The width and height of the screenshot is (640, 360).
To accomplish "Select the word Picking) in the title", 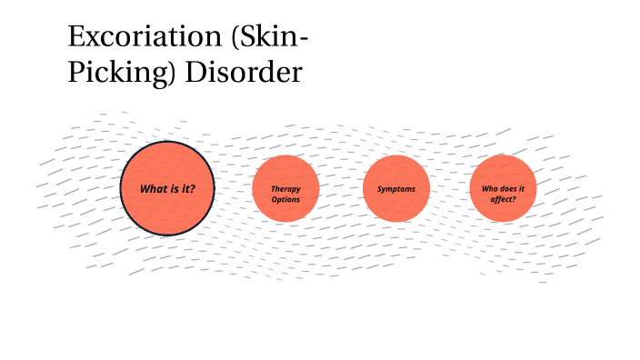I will (x=122, y=74).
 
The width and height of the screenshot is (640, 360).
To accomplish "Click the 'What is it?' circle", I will (x=167, y=188).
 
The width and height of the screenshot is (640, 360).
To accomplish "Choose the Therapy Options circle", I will (x=285, y=189).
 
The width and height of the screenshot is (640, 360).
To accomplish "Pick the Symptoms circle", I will (x=396, y=189).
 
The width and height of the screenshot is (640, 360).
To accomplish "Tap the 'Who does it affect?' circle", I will (x=503, y=189).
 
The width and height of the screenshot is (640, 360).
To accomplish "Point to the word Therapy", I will (x=285, y=185).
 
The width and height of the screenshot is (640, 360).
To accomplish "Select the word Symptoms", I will (x=396, y=189).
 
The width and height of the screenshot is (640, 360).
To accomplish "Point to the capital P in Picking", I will (x=76, y=74).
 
